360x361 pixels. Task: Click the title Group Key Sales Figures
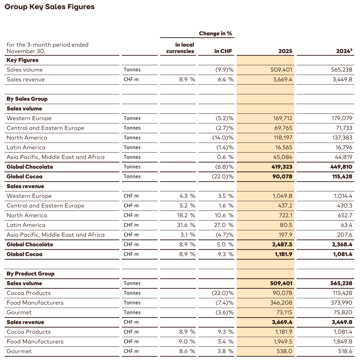50,7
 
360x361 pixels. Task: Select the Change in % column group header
215,33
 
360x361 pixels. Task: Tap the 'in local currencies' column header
180,48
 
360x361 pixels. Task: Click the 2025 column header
285,51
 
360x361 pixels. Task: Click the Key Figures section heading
22,60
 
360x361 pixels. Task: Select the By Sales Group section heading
27,99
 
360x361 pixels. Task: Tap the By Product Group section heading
30,274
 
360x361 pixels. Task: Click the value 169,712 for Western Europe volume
283,118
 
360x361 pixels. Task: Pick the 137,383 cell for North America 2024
342,138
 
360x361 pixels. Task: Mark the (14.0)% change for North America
223,138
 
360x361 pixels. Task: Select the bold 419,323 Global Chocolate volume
282,167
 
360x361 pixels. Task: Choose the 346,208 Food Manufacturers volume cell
282,303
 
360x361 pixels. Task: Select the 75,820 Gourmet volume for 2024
342,312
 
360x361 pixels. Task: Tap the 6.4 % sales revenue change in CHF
225,80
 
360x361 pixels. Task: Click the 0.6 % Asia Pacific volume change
225,157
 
